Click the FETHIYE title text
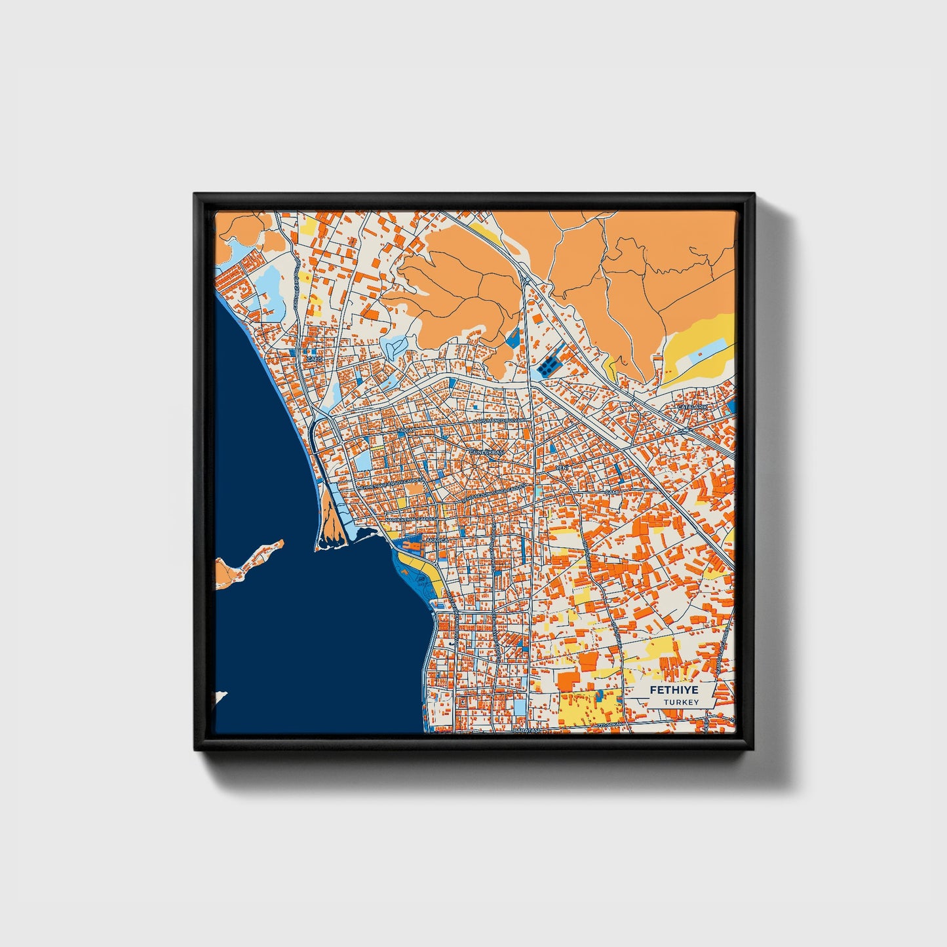point(674,690)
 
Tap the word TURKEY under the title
point(680,703)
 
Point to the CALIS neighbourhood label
point(311,359)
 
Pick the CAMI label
point(612,492)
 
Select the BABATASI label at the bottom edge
point(528,729)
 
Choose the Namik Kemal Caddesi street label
point(411,518)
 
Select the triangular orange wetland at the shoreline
point(330,530)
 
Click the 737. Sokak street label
point(608,725)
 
